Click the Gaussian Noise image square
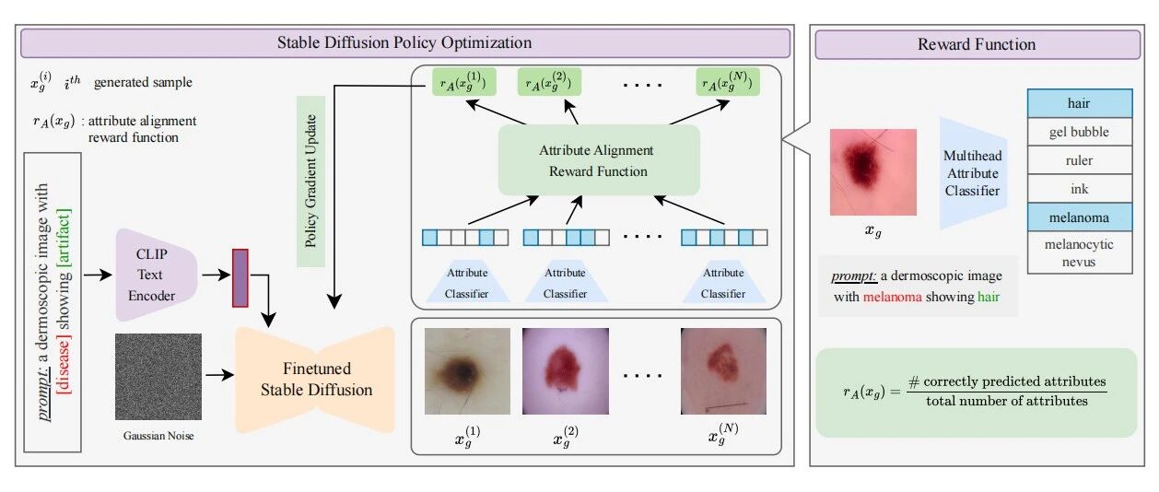pyautogui.click(x=158, y=377)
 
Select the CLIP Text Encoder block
pyautogui.click(x=155, y=275)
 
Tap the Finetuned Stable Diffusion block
pyautogui.click(x=316, y=380)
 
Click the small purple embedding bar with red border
pyautogui.click(x=240, y=278)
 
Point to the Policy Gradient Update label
pyautogui.click(x=310, y=182)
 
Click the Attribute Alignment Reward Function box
pyautogui.click(x=599, y=160)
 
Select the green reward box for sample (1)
pyautogui.click(x=463, y=82)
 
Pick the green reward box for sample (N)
pyautogui.click(x=728, y=82)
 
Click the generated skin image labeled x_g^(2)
pyautogui.click(x=566, y=371)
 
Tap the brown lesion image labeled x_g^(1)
pyautogui.click(x=467, y=371)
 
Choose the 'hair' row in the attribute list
pyautogui.click(x=1080, y=103)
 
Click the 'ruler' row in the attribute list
pyautogui.click(x=1080, y=160)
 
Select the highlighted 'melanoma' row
pyautogui.click(x=1080, y=217)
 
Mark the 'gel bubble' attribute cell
pyautogui.click(x=1080, y=132)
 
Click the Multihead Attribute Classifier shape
pyautogui.click(x=973, y=173)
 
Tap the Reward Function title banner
pyautogui.click(x=978, y=44)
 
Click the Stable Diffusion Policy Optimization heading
pyautogui.click(x=404, y=43)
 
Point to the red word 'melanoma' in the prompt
pyautogui.click(x=893, y=297)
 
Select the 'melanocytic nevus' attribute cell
pyautogui.click(x=1080, y=252)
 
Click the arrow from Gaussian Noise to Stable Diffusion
pyautogui.click(x=220, y=374)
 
